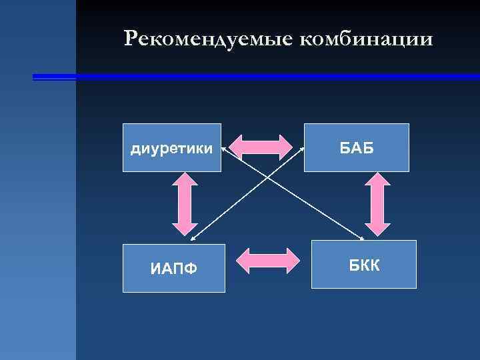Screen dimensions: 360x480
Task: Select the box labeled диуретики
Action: tap(172, 147)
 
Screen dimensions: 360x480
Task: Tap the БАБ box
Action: tap(357, 147)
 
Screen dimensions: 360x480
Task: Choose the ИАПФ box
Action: tap(173, 269)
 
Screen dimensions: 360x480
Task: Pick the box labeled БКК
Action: tap(364, 264)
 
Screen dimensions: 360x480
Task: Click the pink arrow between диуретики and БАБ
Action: tap(261, 147)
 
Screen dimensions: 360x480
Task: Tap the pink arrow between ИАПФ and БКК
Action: tap(269, 261)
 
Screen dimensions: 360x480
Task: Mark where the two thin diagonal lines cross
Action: tap(267, 177)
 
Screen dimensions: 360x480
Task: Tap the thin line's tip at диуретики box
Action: tap(222, 148)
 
